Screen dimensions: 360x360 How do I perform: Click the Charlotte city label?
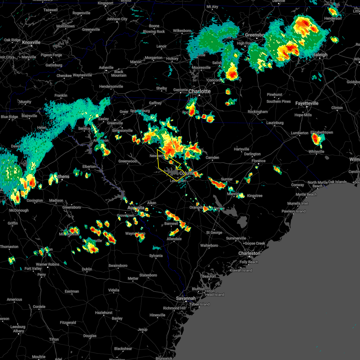199,91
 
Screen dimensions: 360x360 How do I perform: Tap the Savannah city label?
186,298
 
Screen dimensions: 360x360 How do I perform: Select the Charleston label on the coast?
249,253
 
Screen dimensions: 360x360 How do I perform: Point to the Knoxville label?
31,42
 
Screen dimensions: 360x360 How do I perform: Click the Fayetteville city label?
307,103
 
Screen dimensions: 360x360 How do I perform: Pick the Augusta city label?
136,208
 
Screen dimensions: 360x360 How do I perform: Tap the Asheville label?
106,67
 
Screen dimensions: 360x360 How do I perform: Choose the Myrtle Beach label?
306,194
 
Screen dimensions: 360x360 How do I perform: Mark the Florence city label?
259,161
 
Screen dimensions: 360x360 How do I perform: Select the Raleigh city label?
320,55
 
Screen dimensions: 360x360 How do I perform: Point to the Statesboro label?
148,275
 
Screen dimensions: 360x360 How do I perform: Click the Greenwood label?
127,161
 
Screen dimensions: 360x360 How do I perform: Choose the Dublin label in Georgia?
87,269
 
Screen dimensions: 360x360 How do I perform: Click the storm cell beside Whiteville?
316,139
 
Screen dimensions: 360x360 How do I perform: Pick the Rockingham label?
258,112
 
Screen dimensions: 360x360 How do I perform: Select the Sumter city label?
227,179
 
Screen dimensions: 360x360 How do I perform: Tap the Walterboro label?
209,245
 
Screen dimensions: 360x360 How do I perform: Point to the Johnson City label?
117,19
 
